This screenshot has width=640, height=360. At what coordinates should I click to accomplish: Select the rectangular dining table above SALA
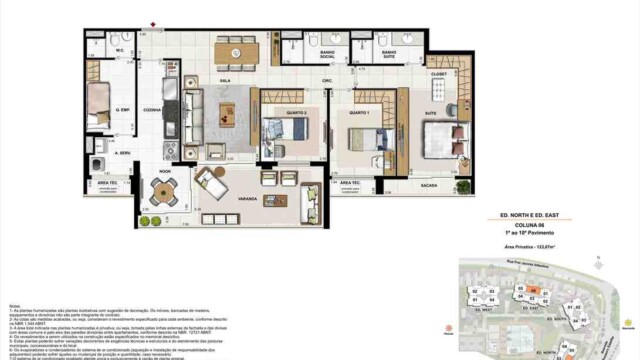tap(236, 50)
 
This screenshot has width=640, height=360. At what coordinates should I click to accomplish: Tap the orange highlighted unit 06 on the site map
tap(535, 290)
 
